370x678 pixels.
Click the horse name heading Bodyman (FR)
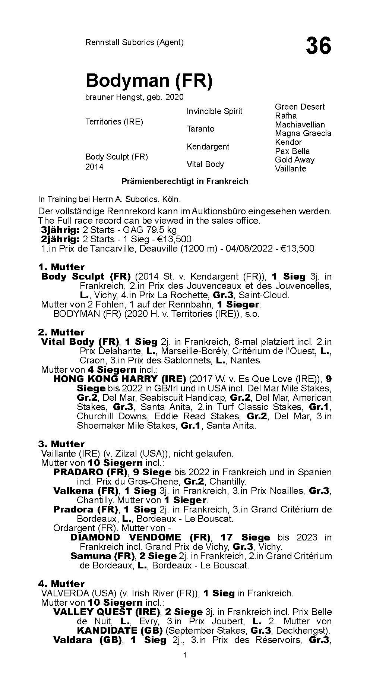149,81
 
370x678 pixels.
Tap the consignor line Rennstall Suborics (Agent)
135,42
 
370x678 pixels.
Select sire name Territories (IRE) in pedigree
114,122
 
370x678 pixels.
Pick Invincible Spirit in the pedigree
214,111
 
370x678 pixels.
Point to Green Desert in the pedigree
300,107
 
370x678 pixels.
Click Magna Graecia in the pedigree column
303,133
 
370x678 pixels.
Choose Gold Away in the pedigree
294,160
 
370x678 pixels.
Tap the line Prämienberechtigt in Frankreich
185,182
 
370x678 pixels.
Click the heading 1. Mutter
61,267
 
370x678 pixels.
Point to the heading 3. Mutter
61,444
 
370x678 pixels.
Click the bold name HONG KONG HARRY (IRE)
120,379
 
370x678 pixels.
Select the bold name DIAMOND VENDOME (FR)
141,537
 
